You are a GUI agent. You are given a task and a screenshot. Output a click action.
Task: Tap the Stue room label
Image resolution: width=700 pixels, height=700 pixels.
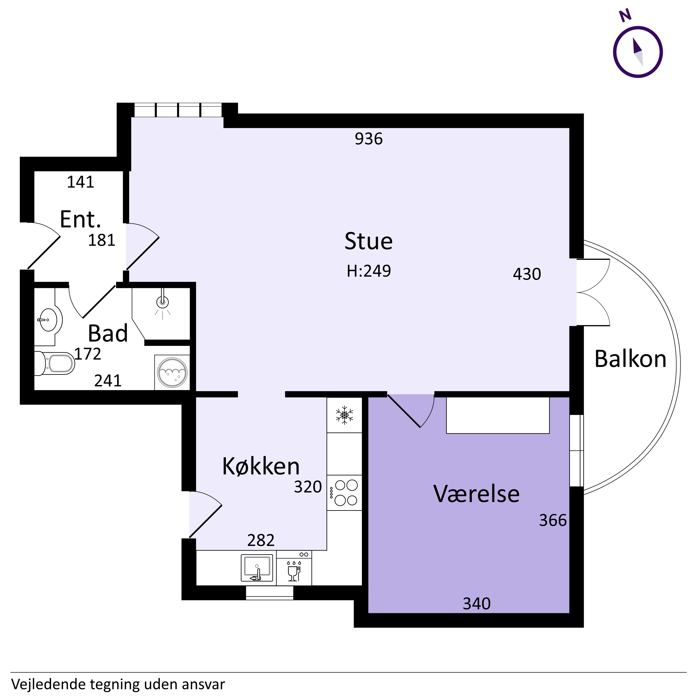point(369,241)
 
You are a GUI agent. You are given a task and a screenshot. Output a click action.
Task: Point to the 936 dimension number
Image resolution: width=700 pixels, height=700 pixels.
point(369,139)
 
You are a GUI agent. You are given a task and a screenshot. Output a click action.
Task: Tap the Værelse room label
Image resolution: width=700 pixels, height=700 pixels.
point(477,494)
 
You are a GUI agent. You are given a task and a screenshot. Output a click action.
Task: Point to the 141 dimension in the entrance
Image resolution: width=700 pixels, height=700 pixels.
point(80,182)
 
